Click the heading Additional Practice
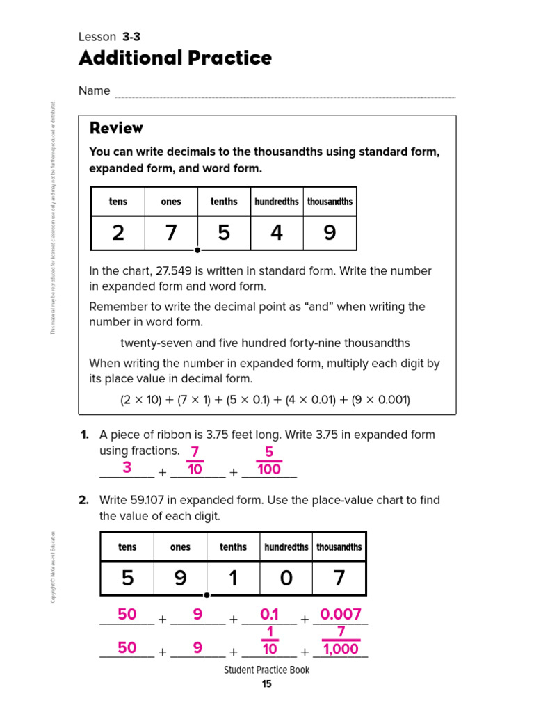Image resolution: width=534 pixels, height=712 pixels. pos(175,58)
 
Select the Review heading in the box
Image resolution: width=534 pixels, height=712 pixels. pos(116,128)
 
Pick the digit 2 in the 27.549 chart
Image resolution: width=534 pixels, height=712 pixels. pos(118,234)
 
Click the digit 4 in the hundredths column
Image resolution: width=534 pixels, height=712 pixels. pos(277,234)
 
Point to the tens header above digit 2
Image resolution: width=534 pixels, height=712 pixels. pos(118,202)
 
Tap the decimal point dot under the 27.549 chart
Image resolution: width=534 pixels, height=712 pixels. pos(197,250)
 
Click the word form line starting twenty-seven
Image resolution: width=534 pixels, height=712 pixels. pos(265,343)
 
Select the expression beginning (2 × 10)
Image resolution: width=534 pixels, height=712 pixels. pos(265,400)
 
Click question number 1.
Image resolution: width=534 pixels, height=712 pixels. pos(84,435)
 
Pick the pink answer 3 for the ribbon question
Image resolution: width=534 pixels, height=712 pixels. pos(127,468)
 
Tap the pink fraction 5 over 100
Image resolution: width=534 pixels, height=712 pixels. pos(269,461)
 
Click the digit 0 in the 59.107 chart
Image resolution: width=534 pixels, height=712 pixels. pos(286,578)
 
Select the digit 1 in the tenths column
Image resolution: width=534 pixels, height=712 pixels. pos(233,578)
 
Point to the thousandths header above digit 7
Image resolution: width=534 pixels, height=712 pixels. pos(339,547)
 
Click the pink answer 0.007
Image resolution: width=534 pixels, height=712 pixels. pos(341,614)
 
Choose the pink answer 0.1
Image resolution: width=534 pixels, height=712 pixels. pos(269,614)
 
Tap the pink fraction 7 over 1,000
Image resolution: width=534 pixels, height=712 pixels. pos(341,640)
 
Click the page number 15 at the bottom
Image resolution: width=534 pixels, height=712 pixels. pos(267,684)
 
